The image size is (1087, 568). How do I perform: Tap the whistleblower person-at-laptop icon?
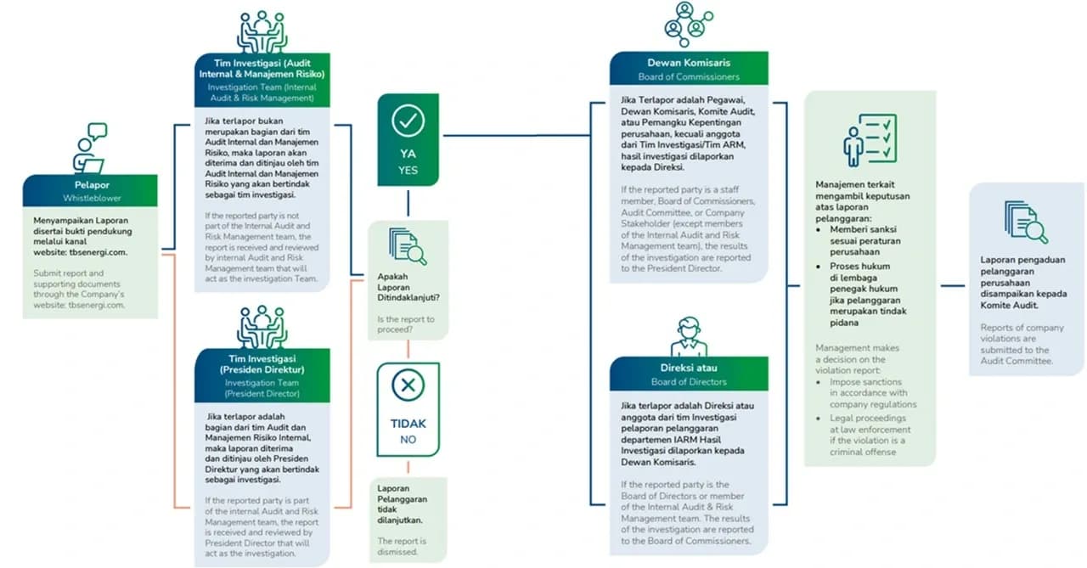point(89,149)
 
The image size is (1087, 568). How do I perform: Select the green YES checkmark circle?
point(408,121)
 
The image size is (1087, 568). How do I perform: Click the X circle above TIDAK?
point(408,386)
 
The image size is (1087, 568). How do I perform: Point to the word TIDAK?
point(408,424)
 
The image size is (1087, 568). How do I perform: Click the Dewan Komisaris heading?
point(689,62)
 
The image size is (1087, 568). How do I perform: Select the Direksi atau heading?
point(689,368)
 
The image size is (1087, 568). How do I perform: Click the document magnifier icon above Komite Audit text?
point(1025,222)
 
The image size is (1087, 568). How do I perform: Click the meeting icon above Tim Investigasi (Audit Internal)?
point(262,32)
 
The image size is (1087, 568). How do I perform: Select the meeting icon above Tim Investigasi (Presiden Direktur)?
point(262,328)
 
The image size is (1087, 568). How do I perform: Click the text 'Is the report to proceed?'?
point(406,324)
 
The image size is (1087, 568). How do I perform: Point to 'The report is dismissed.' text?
point(402,546)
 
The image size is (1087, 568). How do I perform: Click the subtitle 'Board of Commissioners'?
point(689,77)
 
